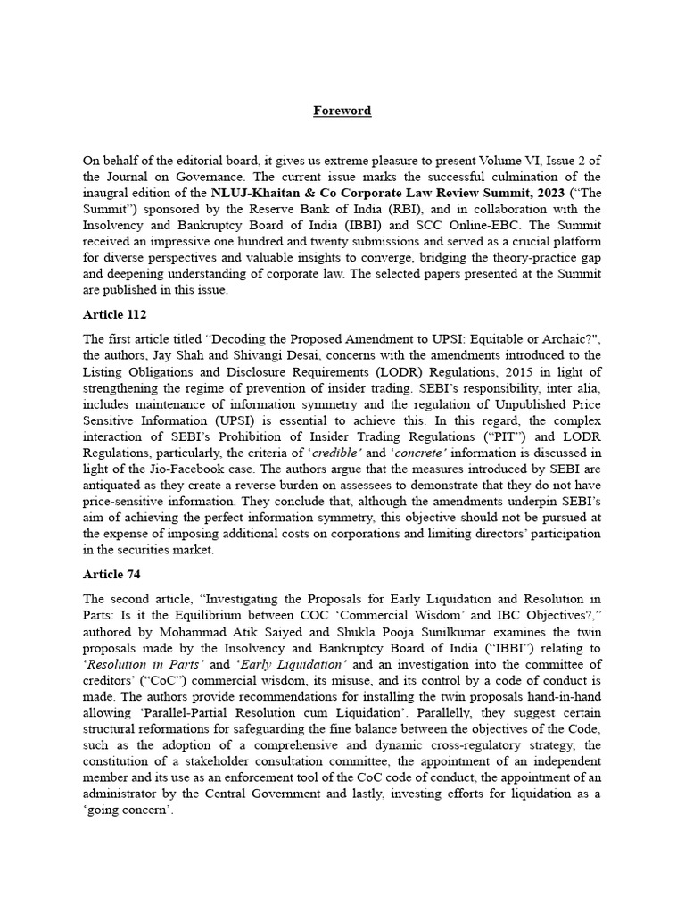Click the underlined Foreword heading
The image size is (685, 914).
pos(342,111)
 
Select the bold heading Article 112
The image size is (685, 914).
pos(114,314)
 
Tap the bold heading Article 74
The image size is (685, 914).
pos(111,574)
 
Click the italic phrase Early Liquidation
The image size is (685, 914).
pos(288,664)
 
